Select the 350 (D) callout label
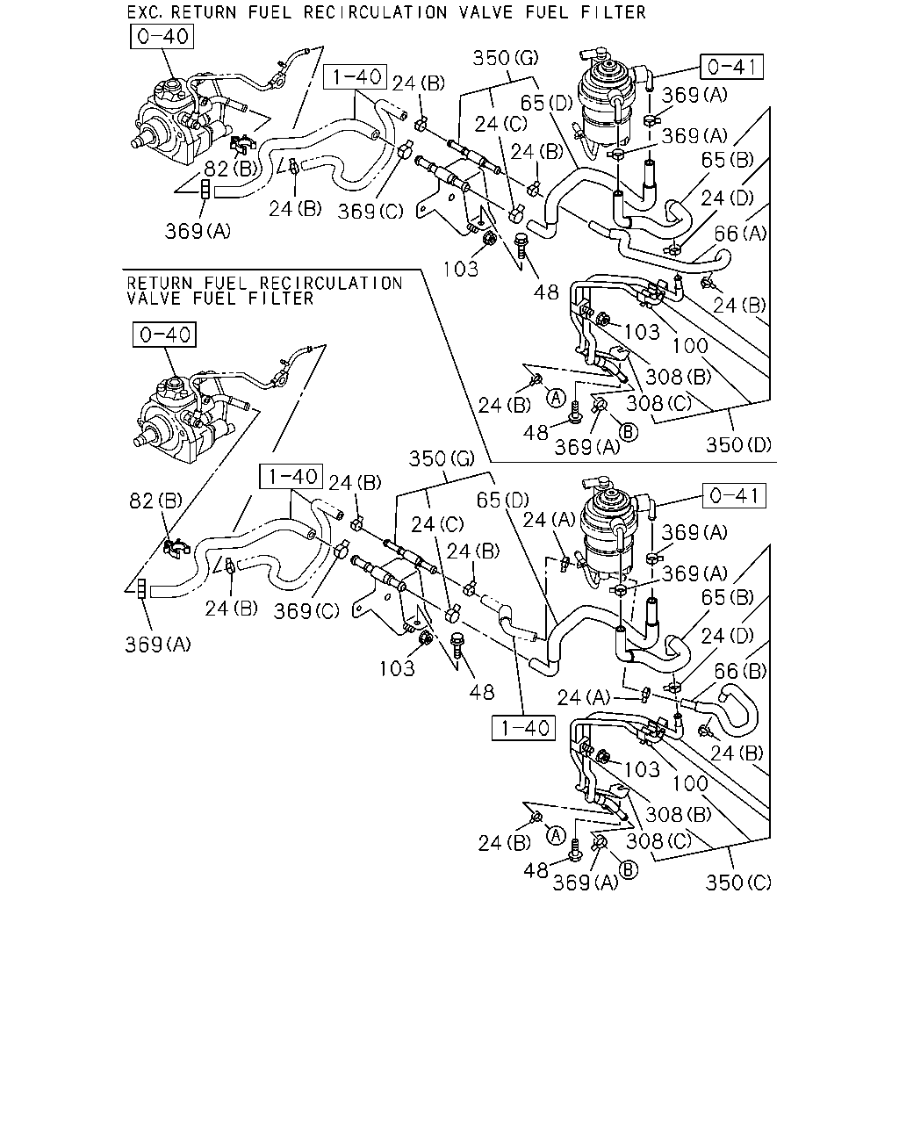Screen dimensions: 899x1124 (x=738, y=445)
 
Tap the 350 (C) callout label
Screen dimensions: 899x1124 (x=738, y=883)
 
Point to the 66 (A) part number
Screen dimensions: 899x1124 (x=740, y=233)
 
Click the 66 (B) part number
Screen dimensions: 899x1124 (x=740, y=670)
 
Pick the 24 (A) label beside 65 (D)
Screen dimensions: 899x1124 (x=549, y=520)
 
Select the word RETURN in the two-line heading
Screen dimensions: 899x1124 (x=160, y=283)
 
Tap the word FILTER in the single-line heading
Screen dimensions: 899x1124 (x=614, y=11)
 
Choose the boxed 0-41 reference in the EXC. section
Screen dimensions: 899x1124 (x=731, y=67)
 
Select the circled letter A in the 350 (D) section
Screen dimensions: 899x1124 (x=556, y=399)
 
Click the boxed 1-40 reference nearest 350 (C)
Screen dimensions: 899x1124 (x=523, y=728)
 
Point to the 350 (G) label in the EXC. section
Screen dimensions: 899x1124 (x=505, y=58)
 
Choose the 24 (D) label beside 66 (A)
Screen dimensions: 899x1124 (x=727, y=198)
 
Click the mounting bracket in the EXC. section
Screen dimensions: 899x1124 (x=449, y=198)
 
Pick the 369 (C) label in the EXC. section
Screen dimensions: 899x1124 (x=370, y=212)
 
